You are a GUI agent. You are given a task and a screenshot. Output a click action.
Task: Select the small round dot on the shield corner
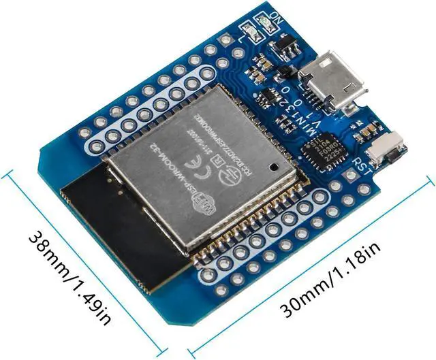click(271, 165)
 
